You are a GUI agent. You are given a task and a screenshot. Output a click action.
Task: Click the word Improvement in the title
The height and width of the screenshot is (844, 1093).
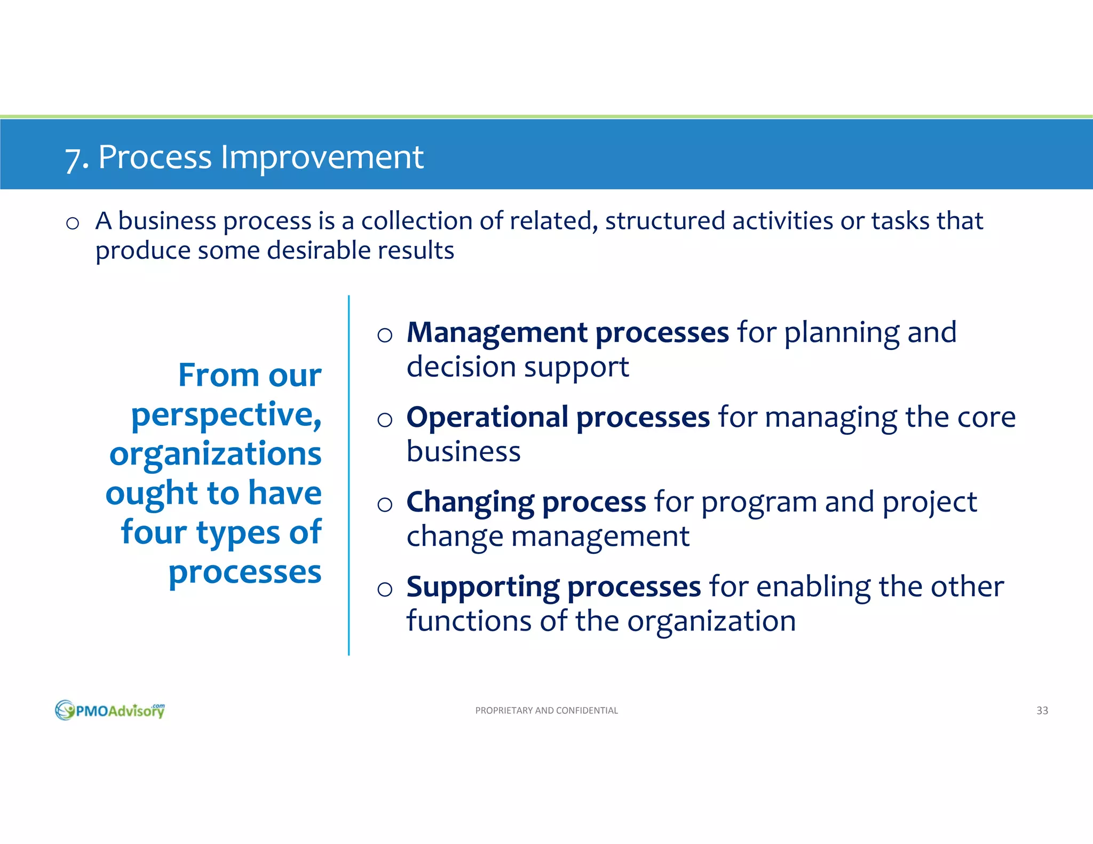tap(322, 157)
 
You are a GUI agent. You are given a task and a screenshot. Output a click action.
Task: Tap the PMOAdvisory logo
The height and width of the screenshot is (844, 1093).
tap(110, 710)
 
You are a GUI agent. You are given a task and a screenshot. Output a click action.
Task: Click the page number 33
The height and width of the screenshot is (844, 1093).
tap(1042, 711)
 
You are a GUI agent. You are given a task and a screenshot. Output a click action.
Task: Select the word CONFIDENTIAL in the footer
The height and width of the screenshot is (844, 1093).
tap(587, 711)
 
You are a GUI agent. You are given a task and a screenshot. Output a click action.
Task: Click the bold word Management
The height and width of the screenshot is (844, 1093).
tap(496, 332)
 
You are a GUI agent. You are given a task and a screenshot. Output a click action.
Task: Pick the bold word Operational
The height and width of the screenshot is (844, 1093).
tap(487, 417)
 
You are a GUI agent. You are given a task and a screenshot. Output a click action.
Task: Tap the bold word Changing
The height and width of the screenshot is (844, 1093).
tap(470, 502)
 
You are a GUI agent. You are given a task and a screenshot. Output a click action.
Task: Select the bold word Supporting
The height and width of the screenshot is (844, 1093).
tap(482, 587)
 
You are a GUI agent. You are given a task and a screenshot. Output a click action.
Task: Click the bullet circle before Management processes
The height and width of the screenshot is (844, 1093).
tap(384, 336)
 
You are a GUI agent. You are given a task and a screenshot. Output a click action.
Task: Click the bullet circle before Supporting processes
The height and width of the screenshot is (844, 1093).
tap(384, 590)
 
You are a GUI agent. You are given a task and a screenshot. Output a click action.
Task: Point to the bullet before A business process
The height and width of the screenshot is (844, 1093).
tap(73, 224)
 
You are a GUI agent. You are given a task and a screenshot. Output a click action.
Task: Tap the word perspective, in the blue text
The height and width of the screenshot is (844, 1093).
tap(226, 415)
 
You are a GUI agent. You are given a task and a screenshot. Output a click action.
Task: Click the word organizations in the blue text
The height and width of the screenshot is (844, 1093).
tap(215, 454)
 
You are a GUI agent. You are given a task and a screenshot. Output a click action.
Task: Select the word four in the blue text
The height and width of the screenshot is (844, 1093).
tap(154, 532)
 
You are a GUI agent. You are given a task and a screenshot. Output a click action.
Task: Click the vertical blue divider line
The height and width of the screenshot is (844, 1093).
tap(349, 475)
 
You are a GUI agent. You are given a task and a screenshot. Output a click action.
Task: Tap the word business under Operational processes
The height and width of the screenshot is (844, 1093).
tap(463, 452)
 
